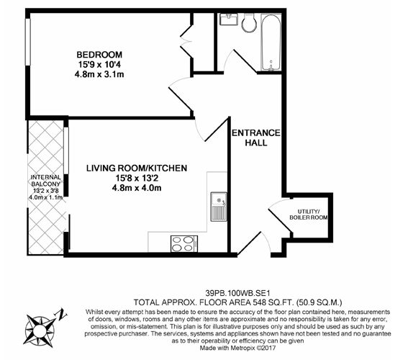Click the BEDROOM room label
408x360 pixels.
[x=99, y=55]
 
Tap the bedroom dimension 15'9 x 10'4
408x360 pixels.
[x=99, y=64]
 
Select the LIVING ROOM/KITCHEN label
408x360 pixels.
[x=137, y=168]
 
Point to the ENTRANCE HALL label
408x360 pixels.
[x=256, y=138]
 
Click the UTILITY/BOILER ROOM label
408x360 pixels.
[x=309, y=215]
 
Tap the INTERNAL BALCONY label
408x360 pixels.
[x=46, y=181]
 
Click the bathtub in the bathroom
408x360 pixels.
[x=271, y=42]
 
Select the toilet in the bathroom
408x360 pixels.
[x=249, y=23]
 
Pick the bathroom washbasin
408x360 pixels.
[x=229, y=19]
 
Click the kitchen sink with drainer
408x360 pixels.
[x=219, y=207]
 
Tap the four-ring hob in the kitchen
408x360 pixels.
[x=184, y=243]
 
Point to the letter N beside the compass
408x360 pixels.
[x=62, y=314]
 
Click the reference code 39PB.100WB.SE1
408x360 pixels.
[x=237, y=294]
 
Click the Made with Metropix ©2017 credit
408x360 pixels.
[x=237, y=348]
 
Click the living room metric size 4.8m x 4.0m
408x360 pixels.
[x=137, y=188]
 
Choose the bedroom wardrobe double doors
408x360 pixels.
[x=186, y=40]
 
